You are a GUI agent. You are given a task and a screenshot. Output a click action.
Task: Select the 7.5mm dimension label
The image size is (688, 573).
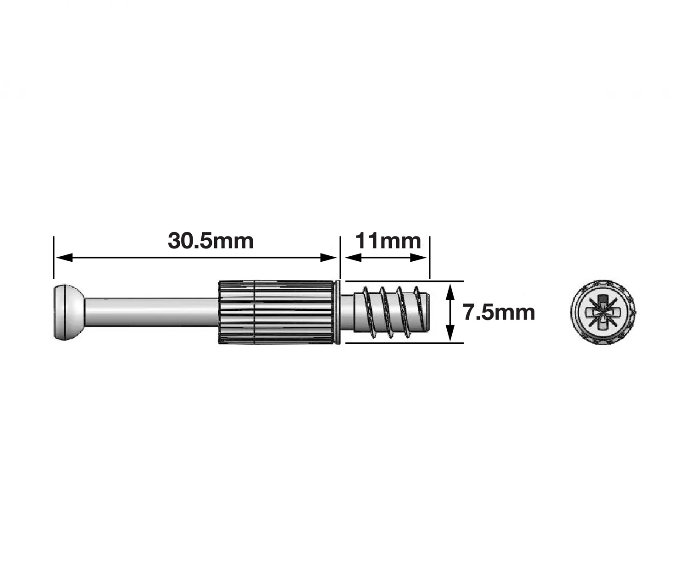(x=499, y=312)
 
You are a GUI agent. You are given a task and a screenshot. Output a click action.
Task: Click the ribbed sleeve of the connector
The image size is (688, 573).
(x=277, y=312)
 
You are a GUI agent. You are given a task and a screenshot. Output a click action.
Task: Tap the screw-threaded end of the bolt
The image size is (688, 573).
(x=391, y=312)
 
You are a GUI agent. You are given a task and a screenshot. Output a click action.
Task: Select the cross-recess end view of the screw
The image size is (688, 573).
(x=603, y=312)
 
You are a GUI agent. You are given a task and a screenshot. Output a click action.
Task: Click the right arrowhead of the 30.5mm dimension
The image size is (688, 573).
(x=328, y=258)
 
